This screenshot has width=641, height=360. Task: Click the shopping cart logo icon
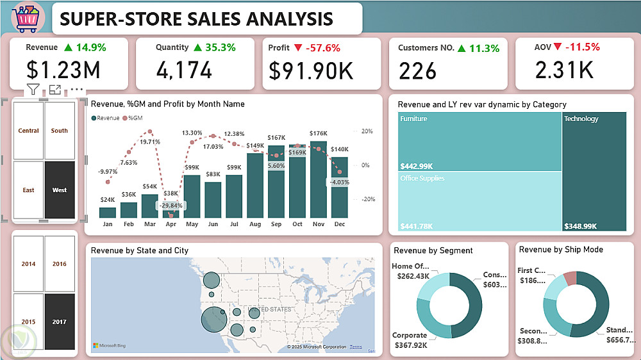(28, 18)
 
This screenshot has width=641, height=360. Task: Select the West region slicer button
(60, 190)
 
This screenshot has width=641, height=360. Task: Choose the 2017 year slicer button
(60, 322)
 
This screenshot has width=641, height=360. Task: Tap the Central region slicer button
(29, 131)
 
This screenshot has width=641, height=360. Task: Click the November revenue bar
(319, 179)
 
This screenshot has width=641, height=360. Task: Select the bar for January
(108, 212)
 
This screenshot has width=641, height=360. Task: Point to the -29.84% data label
(171, 206)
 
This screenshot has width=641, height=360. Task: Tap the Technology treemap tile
(594, 171)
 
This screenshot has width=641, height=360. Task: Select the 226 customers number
(417, 71)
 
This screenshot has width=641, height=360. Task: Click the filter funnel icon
(33, 90)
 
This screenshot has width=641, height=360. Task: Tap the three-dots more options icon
(77, 90)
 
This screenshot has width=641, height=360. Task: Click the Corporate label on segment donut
(409, 335)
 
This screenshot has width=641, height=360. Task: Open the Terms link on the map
(355, 347)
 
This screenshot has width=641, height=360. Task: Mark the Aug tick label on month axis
(255, 225)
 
